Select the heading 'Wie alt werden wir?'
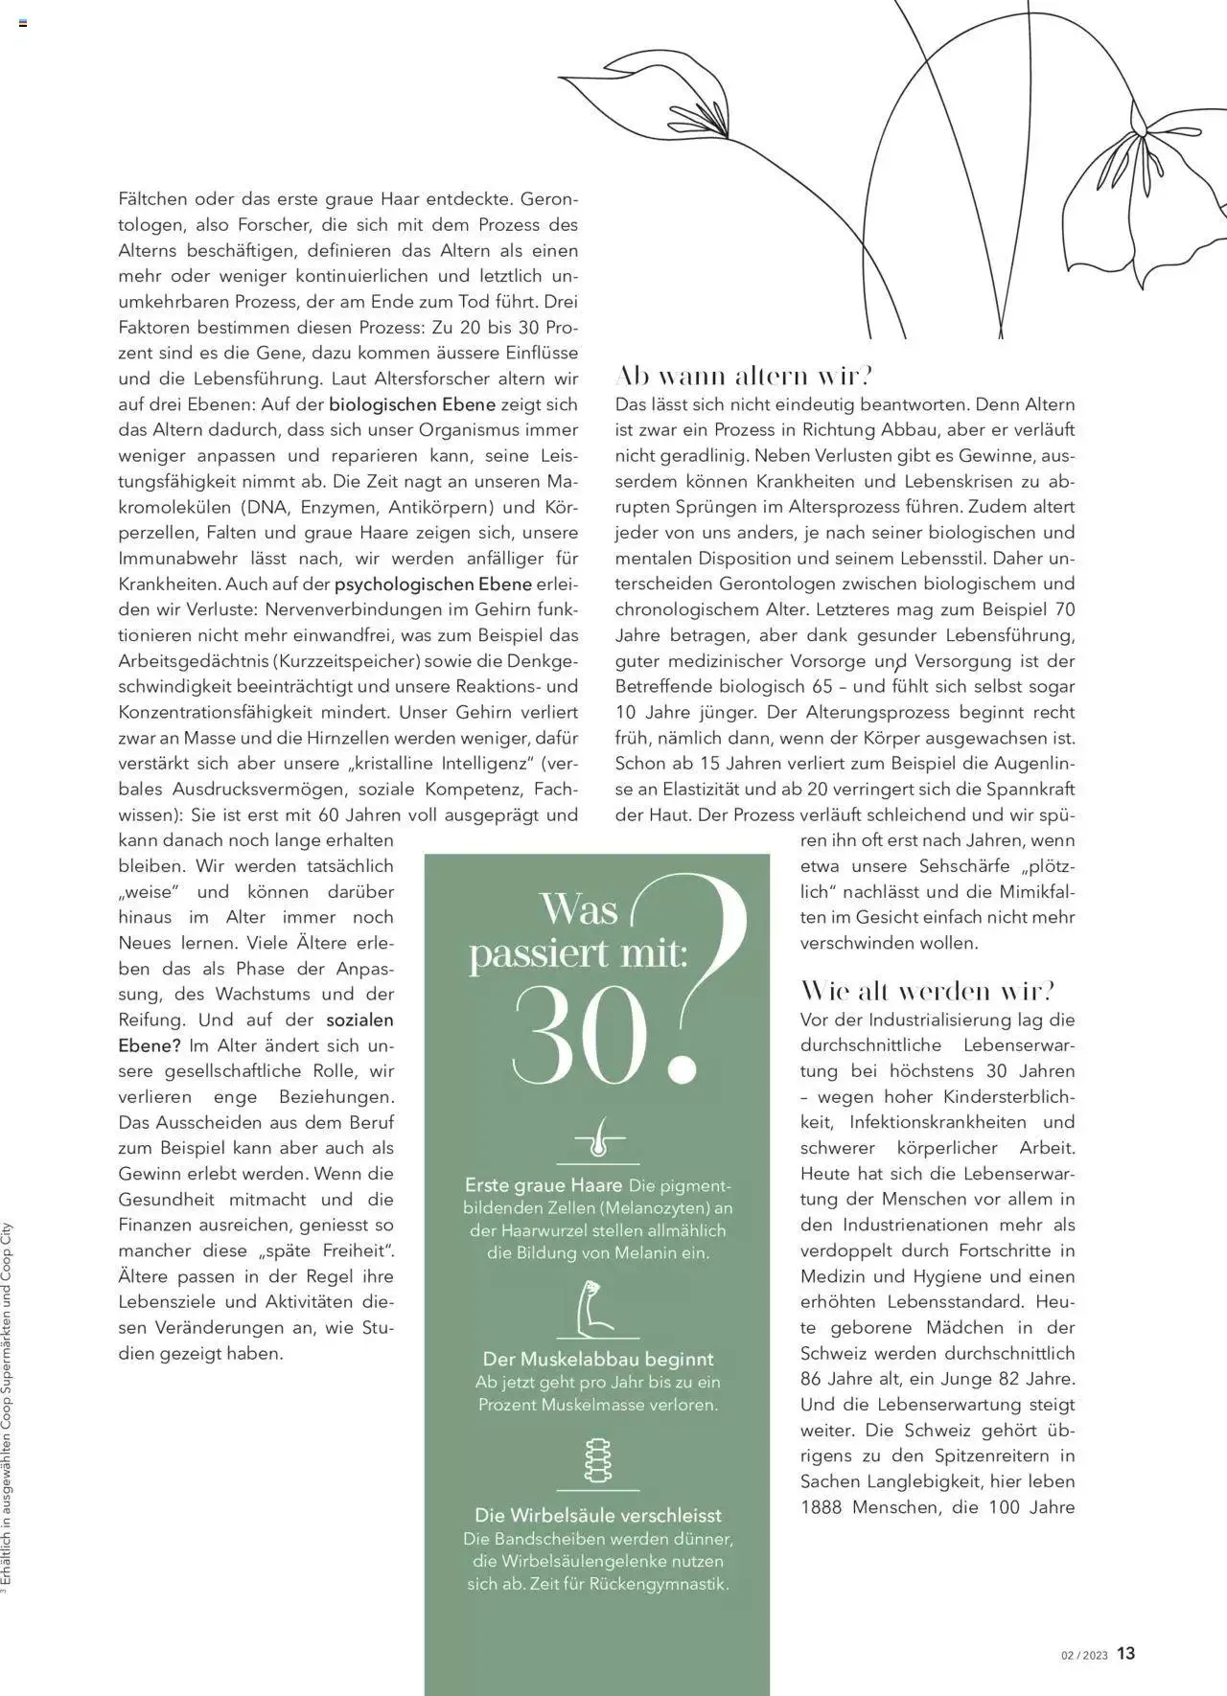[927, 990]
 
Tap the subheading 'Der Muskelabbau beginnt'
[598, 1359]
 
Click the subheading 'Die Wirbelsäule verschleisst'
[598, 1515]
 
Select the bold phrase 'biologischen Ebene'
[412, 404]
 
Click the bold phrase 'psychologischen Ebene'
[432, 584]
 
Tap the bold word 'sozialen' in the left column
[359, 1020]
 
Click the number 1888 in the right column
[822, 1507]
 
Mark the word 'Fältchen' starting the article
[151, 199]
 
